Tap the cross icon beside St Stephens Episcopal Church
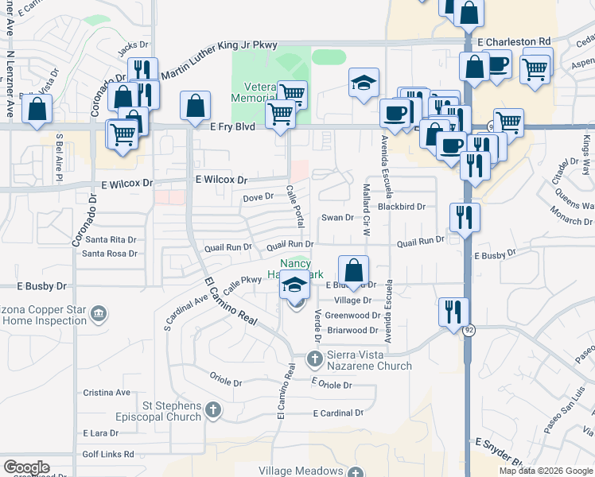tap(212, 410)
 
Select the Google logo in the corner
tap(26, 467)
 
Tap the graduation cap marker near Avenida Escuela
tap(364, 83)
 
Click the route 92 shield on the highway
tap(470, 331)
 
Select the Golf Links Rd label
tap(107, 454)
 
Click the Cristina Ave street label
tap(107, 393)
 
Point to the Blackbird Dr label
tap(402, 207)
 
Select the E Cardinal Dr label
tap(338, 413)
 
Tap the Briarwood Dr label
tap(352, 330)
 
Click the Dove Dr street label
tap(258, 197)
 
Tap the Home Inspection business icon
tap(99, 313)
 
